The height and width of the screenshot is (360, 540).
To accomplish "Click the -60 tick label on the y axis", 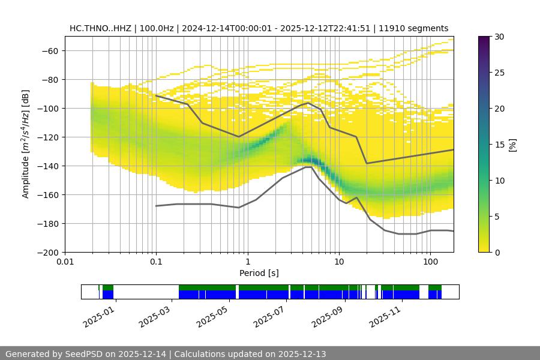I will coord(49,50).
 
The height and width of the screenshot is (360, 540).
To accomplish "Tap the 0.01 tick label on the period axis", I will coord(65,262).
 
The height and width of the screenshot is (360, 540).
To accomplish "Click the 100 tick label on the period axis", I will coord(430,262).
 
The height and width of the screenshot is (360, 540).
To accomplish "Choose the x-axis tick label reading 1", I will coord(248,262).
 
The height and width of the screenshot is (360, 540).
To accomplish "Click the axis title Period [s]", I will coord(259,273).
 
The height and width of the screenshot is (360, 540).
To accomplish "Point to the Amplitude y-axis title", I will coord(26,144).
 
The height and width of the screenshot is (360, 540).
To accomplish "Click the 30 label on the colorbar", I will coord(499,37).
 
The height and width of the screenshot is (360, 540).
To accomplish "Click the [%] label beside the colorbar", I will coord(512,145).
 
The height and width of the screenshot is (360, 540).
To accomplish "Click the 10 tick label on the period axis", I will coord(339,262).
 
